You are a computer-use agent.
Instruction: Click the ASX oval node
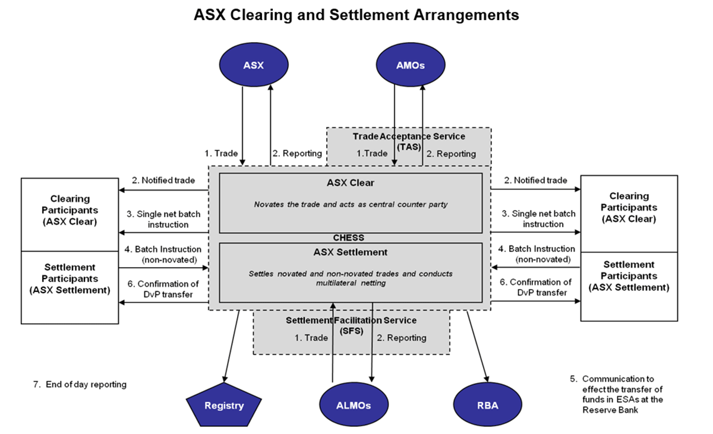(253, 65)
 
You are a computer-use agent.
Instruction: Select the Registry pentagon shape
(224, 406)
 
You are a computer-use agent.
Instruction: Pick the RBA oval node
(487, 406)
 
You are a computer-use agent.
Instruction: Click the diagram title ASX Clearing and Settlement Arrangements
(356, 15)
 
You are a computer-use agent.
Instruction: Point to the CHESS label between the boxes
(349, 237)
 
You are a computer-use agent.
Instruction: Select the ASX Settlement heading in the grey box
(351, 252)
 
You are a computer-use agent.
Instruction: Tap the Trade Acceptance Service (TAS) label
(409, 141)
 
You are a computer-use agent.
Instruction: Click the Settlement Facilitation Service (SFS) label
(351, 325)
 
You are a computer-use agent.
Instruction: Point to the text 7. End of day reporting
(80, 384)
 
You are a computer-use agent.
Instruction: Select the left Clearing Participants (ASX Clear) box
(70, 210)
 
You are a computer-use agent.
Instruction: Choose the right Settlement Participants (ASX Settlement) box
(629, 276)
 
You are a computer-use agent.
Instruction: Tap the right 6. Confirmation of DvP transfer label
(535, 287)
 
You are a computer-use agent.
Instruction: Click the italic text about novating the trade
(351, 204)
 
